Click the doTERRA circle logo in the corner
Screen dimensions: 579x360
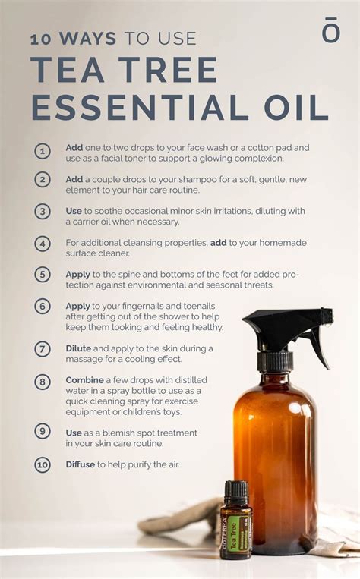(331, 31)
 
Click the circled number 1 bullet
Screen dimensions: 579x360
(43, 150)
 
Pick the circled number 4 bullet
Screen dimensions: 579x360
(43, 244)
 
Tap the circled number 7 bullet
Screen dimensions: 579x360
(43, 349)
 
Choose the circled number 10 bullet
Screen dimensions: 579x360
(43, 464)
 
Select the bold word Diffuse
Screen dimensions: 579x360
(81, 464)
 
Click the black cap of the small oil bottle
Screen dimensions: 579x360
(235, 489)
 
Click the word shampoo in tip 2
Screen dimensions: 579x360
(182, 179)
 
